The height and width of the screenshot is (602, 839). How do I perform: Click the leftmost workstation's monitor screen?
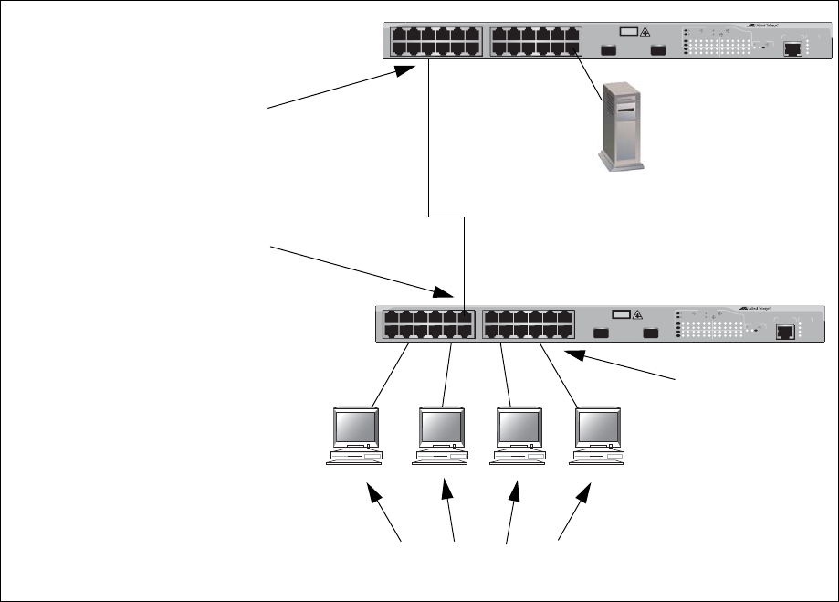pos(354,427)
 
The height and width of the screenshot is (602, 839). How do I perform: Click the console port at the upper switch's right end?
pos(793,48)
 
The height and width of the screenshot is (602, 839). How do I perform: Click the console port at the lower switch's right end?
pos(784,333)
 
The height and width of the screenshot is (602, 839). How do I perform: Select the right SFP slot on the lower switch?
pos(650,333)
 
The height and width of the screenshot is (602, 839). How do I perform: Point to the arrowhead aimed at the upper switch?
pos(407,72)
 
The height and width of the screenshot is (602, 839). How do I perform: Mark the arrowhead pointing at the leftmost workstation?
pos(373,494)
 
